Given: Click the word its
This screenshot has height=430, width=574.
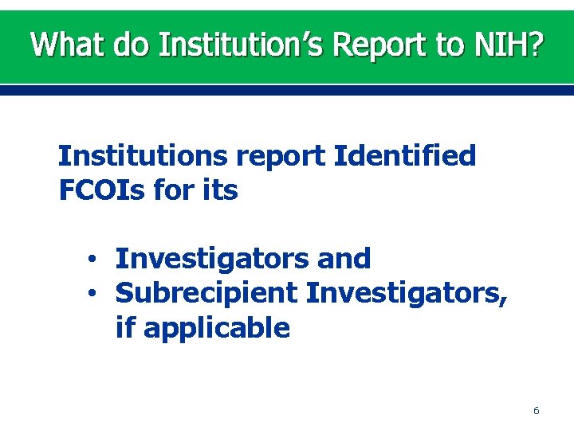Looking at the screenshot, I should point(218,191).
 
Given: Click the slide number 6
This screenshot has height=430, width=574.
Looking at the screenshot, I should point(536,411).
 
